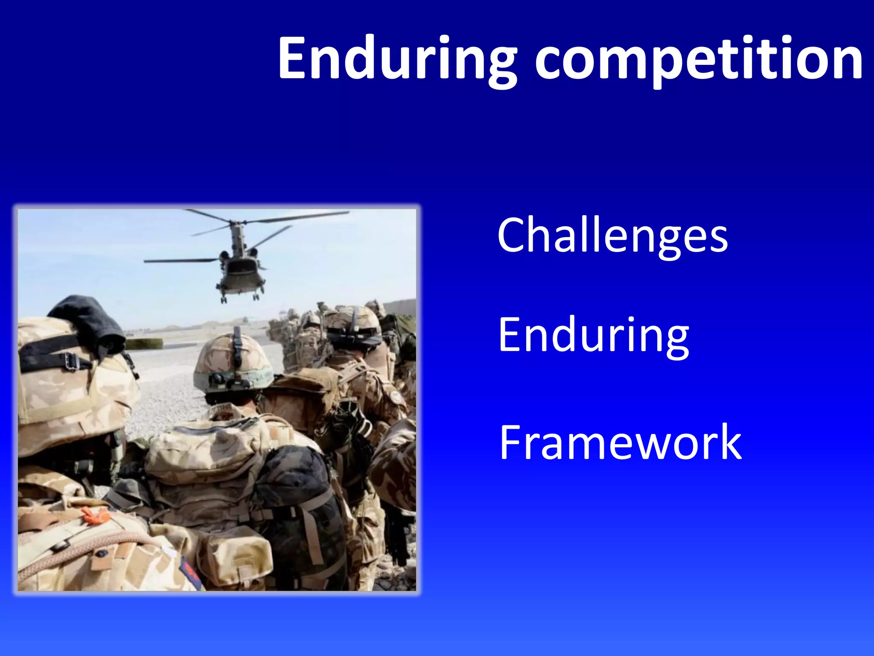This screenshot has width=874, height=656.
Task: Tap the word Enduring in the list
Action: pos(593,335)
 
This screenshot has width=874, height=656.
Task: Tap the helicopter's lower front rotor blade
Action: pos(179,260)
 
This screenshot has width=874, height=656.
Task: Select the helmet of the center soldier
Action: pos(233,363)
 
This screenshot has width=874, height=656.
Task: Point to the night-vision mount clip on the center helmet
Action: pos(237,346)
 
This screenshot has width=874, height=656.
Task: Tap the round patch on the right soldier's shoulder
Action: pos(396,397)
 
